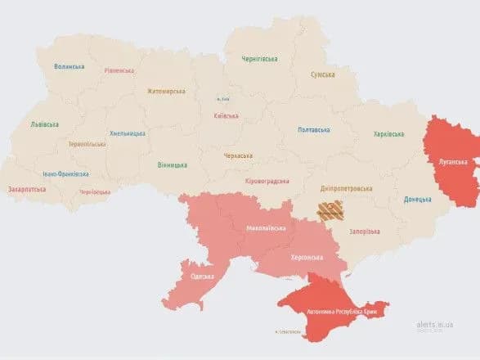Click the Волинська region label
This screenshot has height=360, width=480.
[70, 66]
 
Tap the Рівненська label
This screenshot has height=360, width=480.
[119, 70]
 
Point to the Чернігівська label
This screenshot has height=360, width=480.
[259, 59]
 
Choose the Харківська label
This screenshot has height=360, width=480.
[389, 134]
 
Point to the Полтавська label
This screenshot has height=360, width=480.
[313, 130]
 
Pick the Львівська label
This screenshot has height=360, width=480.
[43, 125]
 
